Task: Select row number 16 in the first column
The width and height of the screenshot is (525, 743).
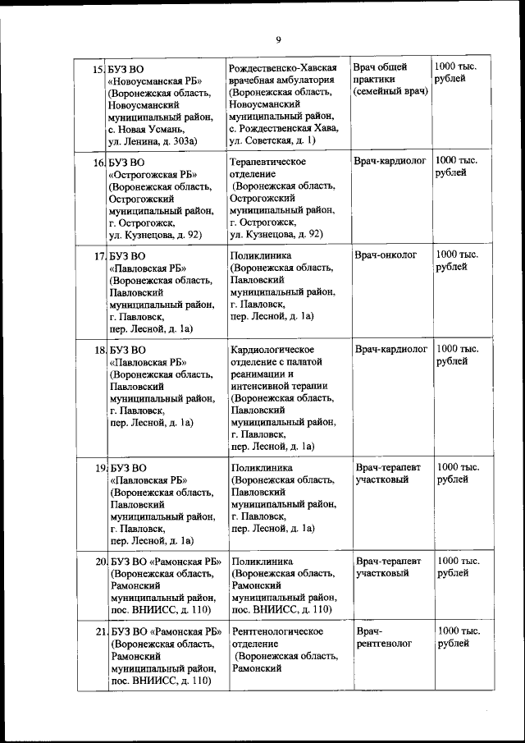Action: [98, 163]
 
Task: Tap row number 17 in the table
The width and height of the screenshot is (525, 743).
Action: [98, 257]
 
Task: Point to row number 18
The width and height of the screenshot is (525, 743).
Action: [98, 351]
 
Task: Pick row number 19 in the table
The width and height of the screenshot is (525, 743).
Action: [98, 468]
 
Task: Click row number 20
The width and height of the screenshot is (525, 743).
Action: [98, 562]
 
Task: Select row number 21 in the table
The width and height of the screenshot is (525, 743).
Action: [98, 632]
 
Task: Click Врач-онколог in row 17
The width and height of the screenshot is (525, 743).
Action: [386, 255]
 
